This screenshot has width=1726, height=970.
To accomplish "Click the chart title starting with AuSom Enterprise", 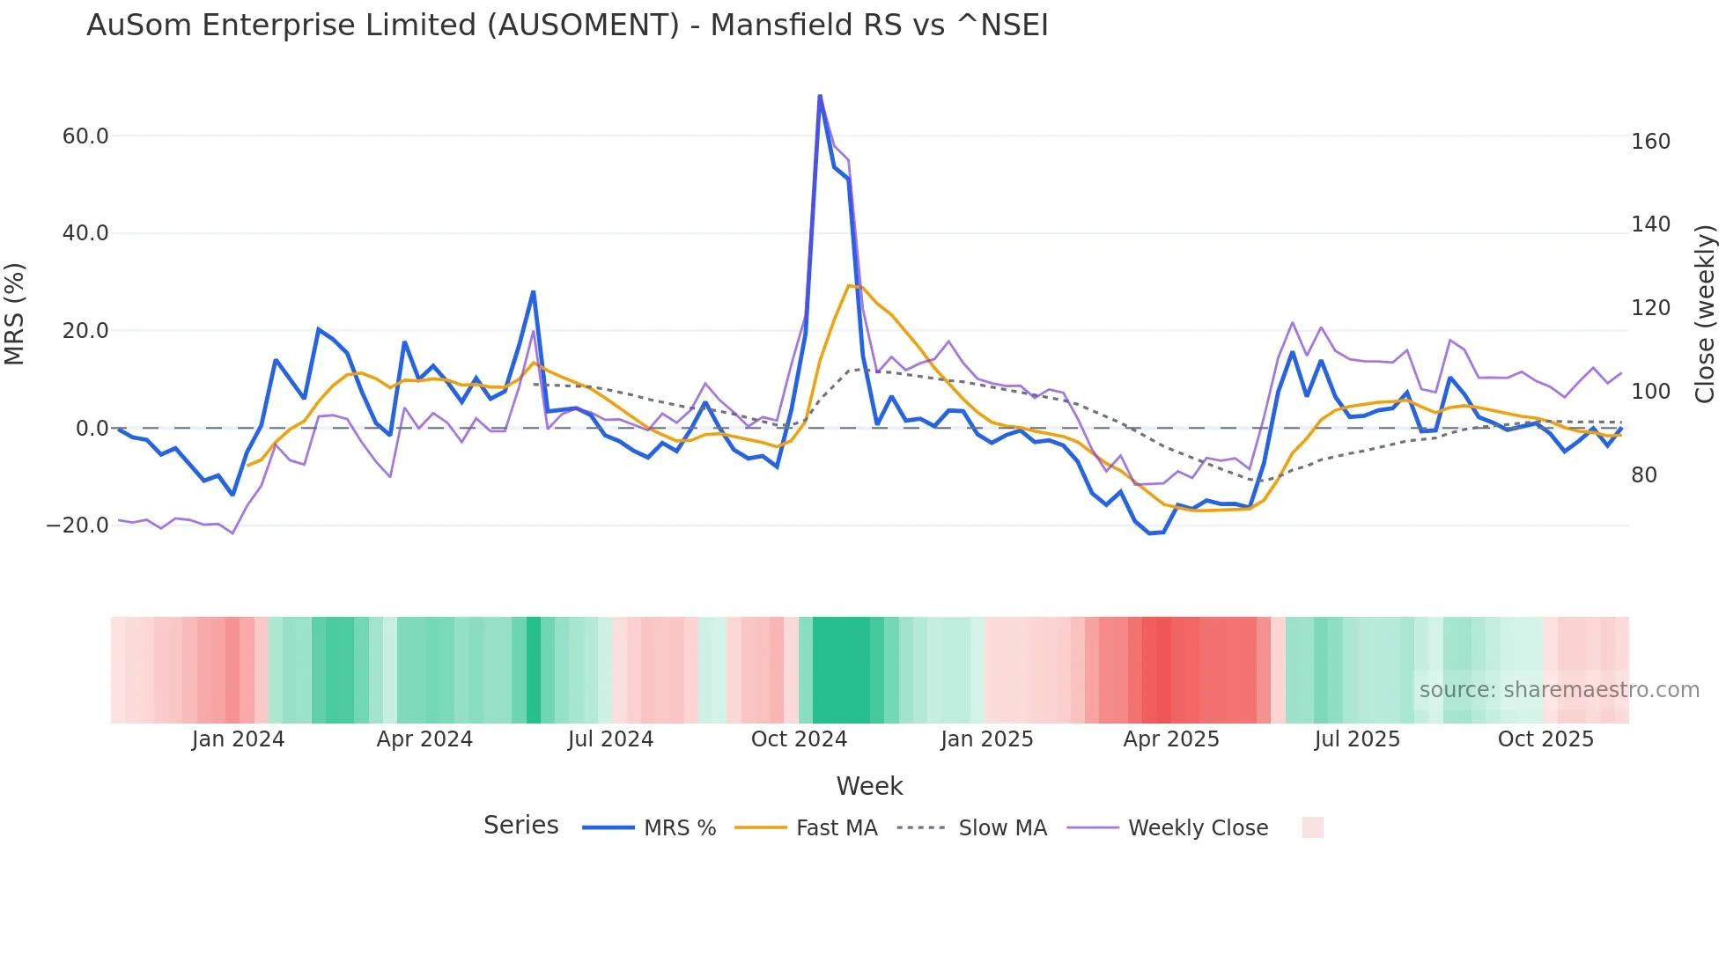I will click(x=567, y=26).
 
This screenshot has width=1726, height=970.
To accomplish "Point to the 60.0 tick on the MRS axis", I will click(x=85, y=136).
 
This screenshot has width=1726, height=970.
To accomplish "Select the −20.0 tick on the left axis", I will click(x=77, y=525).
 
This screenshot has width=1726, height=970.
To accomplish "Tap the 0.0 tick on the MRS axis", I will click(x=92, y=429).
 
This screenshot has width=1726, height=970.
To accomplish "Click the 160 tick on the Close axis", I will click(x=1649, y=142).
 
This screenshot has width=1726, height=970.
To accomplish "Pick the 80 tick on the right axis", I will click(x=1643, y=475).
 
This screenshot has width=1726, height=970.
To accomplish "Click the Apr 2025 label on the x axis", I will click(x=1170, y=739).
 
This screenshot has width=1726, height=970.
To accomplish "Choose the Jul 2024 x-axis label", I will click(x=610, y=739).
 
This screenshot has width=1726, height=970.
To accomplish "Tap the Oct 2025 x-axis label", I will click(x=1545, y=739).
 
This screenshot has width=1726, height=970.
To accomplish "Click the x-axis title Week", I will click(x=869, y=786).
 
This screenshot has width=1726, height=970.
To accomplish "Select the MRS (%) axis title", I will click(x=15, y=313).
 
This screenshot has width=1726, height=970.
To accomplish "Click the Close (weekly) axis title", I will click(x=1705, y=313).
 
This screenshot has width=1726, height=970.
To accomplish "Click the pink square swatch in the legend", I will click(x=1312, y=827).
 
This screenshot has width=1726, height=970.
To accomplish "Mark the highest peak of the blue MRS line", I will click(x=820, y=96).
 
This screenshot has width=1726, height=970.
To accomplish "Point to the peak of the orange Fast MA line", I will click(x=849, y=285).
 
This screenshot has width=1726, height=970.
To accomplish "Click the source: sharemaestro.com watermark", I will click(x=1559, y=690).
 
